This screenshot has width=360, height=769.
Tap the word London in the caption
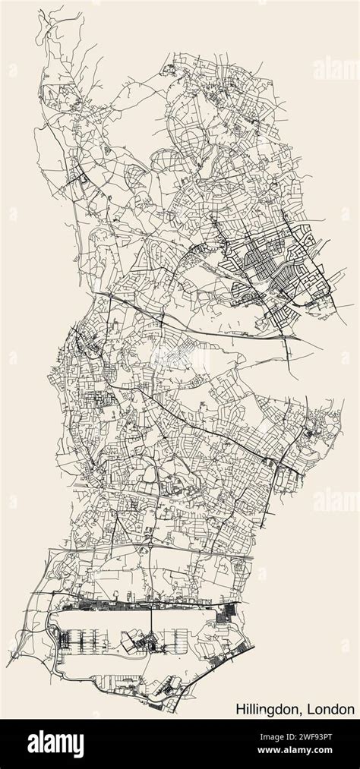tap(332, 709)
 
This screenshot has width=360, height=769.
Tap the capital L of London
tap(313, 709)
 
